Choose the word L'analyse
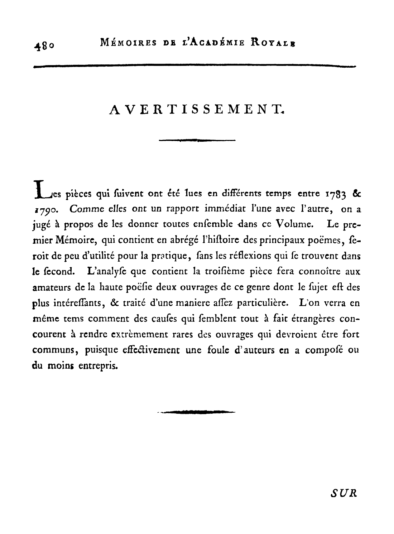106,272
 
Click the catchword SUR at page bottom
343,493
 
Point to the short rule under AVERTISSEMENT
197,140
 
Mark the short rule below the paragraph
197,412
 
